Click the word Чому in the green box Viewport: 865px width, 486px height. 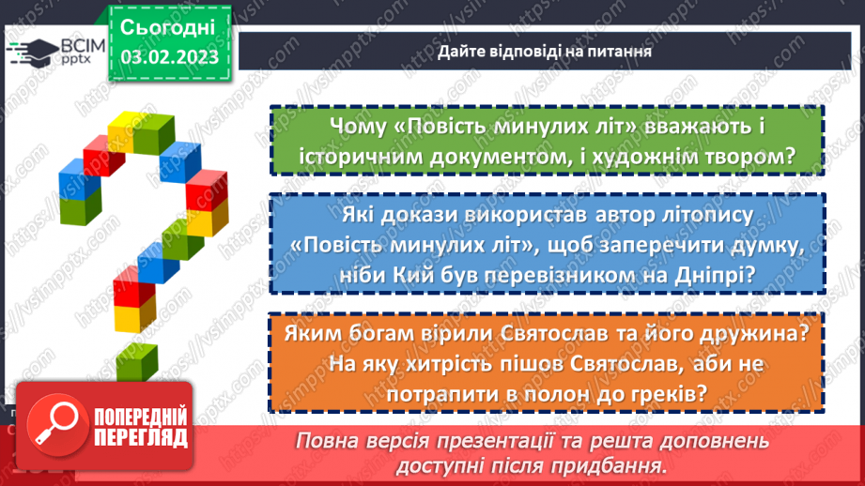click(358, 127)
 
